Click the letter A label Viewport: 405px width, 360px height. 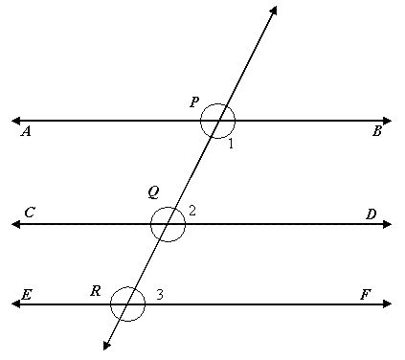coord(26,133)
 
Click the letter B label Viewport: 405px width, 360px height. coord(377,132)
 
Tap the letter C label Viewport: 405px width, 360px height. coord(30,213)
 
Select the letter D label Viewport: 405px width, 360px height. coord(371,214)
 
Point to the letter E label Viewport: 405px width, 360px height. coord(26,295)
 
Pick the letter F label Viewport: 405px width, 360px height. coord(365,295)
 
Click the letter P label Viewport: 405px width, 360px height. coord(194,101)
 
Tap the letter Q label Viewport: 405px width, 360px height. coord(153,191)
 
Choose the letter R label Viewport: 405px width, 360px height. coord(96,290)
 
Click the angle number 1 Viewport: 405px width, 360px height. coord(231,144)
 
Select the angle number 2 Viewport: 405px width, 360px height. coord(192,210)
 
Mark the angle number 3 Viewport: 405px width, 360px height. coord(159,294)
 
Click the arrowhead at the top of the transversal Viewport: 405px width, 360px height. coord(275,10)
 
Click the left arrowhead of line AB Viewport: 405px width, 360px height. coord(15,121)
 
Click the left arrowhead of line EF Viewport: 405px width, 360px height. coord(15,304)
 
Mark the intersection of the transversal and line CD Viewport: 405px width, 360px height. coord(169,224)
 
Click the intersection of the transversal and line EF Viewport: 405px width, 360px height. coord(127,304)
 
